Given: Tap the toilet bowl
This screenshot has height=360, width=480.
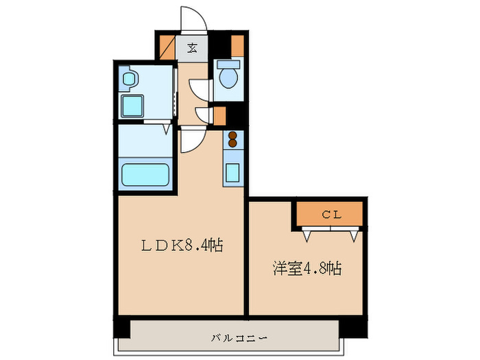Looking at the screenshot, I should (x=228, y=76).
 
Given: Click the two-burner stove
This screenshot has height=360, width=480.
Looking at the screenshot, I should (x=232, y=139).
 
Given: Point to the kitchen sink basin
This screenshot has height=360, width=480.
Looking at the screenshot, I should (x=232, y=171).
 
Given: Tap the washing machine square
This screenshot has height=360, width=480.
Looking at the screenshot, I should (x=133, y=105).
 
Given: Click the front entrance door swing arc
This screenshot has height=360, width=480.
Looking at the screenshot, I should (x=191, y=19).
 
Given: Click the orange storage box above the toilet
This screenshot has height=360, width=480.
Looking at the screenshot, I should (x=237, y=45).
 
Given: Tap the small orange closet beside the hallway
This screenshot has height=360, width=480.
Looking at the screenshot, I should (x=219, y=115).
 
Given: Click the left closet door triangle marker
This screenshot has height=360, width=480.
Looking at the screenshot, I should (x=307, y=235).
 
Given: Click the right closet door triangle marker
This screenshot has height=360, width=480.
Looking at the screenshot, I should (x=353, y=235).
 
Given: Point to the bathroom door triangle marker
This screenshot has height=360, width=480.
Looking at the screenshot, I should (x=167, y=128).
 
